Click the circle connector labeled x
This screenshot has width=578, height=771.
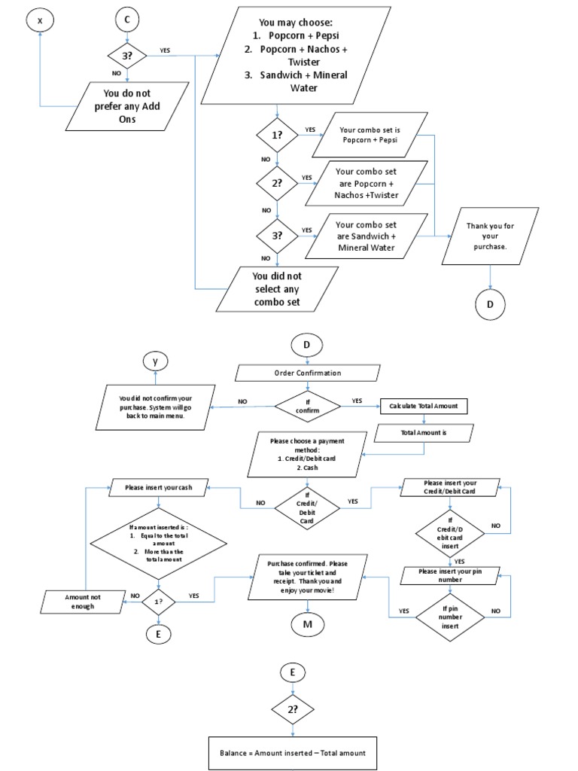[40, 21]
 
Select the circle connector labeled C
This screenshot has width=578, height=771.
[127, 21]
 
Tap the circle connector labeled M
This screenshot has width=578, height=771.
[307, 624]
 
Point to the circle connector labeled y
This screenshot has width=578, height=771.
[155, 362]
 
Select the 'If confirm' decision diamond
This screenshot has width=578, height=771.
[308, 406]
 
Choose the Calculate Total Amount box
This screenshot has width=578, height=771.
[424, 406]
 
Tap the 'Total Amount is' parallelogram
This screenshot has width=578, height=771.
[424, 433]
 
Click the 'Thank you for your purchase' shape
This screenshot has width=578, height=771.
[491, 236]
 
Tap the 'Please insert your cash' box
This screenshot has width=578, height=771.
[159, 488]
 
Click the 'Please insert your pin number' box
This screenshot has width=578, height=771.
[449, 575]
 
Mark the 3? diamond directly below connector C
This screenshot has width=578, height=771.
[127, 55]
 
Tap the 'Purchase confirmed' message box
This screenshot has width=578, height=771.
[307, 577]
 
